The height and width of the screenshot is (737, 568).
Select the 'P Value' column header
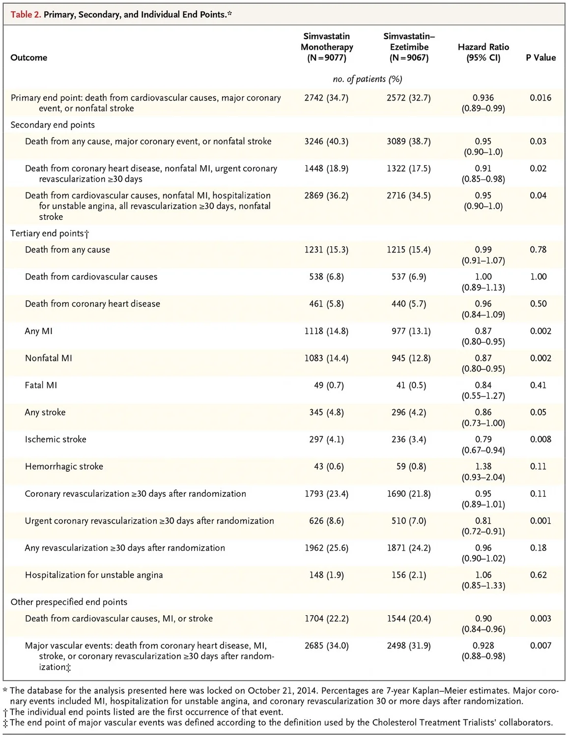click(540, 57)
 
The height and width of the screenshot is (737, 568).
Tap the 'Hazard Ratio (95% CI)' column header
click(483, 52)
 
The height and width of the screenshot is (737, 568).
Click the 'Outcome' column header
click(29, 57)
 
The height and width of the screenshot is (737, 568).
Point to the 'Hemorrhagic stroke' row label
click(64, 466)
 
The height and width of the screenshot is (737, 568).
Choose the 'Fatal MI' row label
click(41, 385)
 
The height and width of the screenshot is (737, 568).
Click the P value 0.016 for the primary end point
click(540, 98)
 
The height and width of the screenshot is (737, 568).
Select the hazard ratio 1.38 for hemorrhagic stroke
click(483, 466)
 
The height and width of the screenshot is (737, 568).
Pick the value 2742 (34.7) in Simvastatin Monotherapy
click(326, 98)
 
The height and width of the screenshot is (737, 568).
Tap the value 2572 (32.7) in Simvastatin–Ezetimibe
click(408, 98)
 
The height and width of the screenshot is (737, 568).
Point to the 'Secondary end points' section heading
click(53, 125)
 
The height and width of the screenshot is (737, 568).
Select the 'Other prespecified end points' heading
click(69, 602)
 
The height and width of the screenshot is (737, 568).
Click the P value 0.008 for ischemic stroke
click(540, 439)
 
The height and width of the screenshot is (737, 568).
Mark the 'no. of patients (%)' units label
click(368, 79)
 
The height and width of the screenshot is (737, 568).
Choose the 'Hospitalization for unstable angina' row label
click(94, 575)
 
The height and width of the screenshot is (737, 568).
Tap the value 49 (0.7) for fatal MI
click(326, 385)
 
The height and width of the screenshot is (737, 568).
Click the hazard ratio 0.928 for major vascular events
click(483, 646)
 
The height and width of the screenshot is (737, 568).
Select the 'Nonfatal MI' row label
click(48, 358)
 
